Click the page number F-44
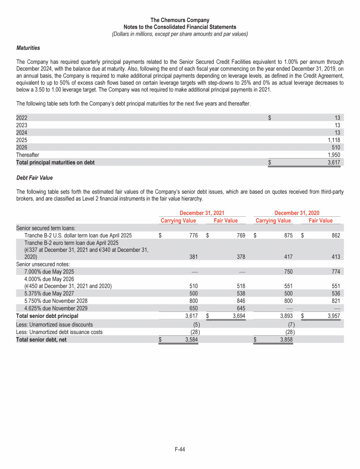(180, 450)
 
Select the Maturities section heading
(28, 48)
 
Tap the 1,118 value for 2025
(333, 140)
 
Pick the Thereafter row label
(28, 154)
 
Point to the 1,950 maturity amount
(333, 154)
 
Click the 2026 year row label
(22, 147)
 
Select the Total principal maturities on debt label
(55, 162)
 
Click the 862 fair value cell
(334, 235)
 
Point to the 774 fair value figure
(334, 272)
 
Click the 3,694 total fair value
(238, 316)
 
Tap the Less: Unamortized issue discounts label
(54, 324)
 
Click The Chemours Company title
(180, 20)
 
